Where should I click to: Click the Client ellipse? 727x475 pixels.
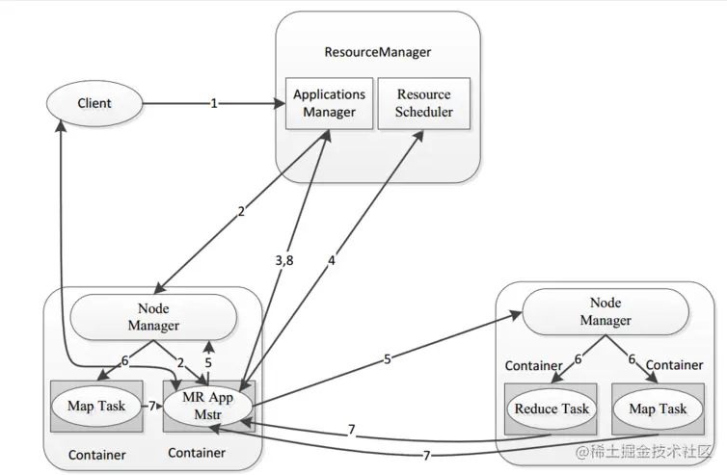tap(94, 103)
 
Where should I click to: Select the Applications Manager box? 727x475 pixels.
tap(329, 103)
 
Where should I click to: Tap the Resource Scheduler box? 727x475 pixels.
tap(424, 103)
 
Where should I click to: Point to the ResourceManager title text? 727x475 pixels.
tap(377, 52)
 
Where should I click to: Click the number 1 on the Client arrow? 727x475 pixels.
tap(214, 103)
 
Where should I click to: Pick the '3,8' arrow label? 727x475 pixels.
tap(284, 260)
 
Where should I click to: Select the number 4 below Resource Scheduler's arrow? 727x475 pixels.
tap(331, 261)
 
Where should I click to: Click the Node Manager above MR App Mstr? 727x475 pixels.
tap(153, 317)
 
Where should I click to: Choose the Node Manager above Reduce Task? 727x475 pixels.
tap(606, 311)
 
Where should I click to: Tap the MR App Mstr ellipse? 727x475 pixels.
tap(207, 406)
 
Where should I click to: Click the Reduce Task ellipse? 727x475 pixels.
tap(552, 409)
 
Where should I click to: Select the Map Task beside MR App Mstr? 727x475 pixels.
tap(96, 406)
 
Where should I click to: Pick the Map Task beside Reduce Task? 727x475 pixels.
tap(658, 409)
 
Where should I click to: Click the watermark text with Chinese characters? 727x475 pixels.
tap(643, 451)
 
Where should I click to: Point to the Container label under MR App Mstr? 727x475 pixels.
tap(197, 453)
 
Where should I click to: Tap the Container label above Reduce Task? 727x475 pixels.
tap(533, 365)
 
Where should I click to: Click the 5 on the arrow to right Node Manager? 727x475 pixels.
tap(388, 359)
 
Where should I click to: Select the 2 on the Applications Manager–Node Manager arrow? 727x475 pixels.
tap(241, 212)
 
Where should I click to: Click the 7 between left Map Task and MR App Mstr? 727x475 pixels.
tap(152, 406)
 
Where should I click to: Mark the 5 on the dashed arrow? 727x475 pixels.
tap(208, 363)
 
